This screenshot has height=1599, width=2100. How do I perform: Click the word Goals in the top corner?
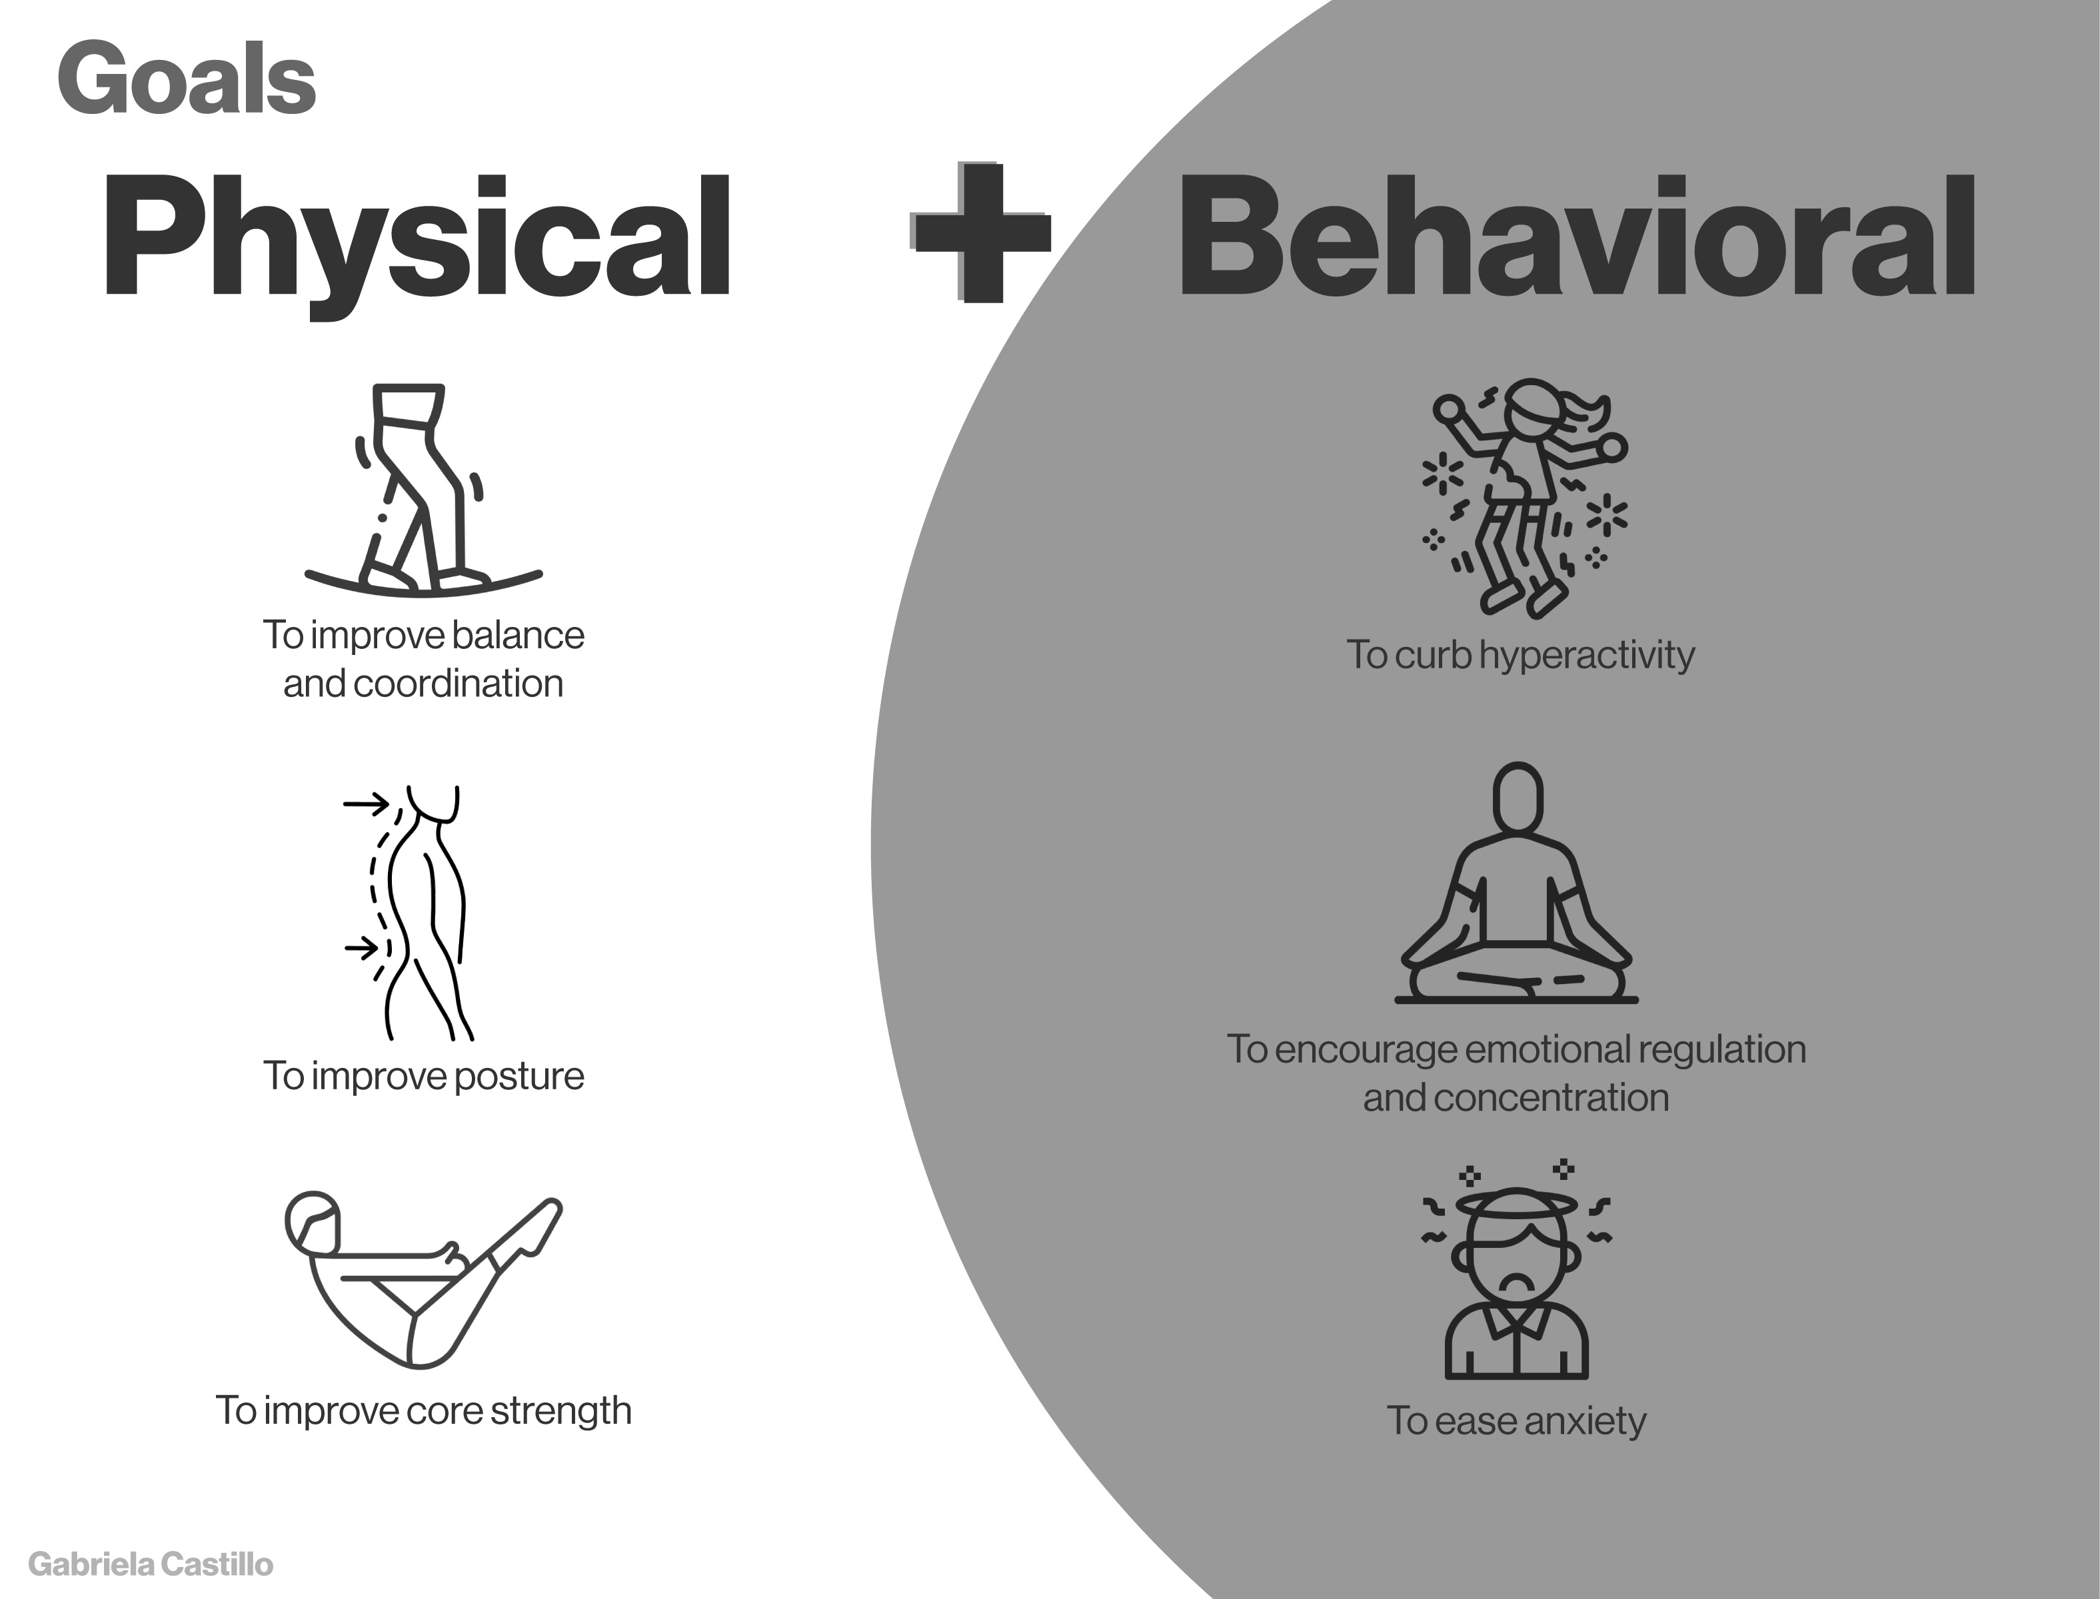pos(187,81)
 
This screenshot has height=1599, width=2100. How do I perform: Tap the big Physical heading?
pos(416,238)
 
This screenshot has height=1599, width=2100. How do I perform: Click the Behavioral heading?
pos(1576,238)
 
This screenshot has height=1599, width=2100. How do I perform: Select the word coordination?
pos(458,684)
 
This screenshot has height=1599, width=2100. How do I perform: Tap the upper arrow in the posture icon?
pos(367,804)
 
